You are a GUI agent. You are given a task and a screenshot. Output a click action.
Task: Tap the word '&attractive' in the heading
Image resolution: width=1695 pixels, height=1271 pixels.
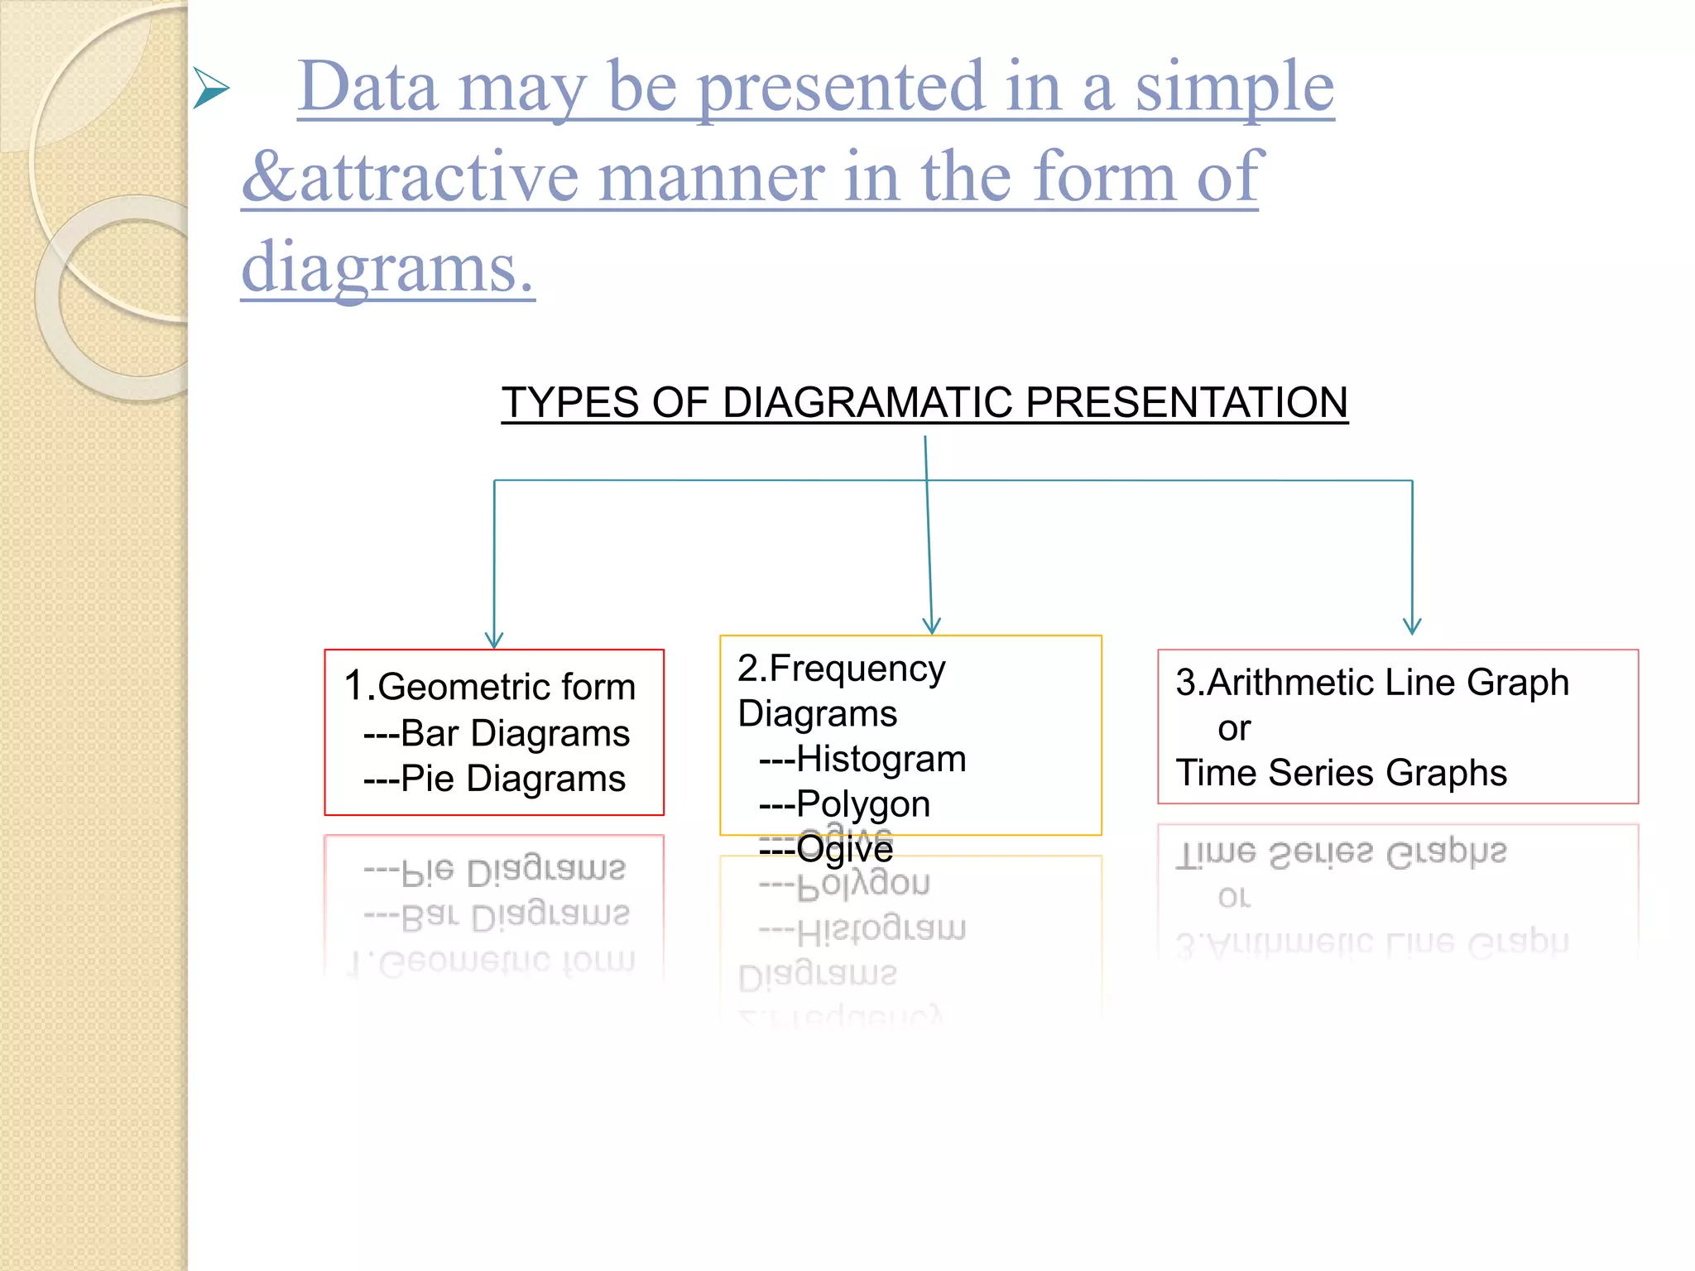(410, 177)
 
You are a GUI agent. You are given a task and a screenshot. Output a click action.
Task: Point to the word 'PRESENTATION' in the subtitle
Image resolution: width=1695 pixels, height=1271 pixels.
(1186, 403)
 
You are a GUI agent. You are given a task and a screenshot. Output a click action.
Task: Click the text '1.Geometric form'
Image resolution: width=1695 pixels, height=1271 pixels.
(490, 687)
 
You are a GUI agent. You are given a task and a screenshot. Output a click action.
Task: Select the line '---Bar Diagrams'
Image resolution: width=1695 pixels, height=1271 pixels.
(496, 733)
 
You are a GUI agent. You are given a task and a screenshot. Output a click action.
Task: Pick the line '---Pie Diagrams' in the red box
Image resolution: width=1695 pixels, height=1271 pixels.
(494, 779)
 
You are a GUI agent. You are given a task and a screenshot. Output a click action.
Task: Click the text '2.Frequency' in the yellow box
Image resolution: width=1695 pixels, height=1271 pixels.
(841, 669)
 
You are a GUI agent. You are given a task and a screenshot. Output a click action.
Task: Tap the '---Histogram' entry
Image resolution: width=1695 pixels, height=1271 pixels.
(862, 759)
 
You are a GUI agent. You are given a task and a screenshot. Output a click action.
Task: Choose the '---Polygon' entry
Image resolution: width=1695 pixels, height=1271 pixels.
(844, 804)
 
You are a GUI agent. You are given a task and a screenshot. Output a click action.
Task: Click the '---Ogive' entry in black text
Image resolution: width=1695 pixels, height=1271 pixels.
(826, 850)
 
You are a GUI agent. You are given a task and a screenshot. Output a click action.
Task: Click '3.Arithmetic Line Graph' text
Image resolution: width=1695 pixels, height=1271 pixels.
(1371, 683)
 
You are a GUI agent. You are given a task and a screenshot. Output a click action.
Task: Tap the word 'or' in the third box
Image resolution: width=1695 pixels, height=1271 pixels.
(1233, 729)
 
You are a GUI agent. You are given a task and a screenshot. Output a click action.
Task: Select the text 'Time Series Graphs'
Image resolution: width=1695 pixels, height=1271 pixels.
(1341, 773)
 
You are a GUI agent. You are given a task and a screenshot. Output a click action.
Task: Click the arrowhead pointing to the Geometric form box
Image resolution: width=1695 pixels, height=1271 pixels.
(494, 640)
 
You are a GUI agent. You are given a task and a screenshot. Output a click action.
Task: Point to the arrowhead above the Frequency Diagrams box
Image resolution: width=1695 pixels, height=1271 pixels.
(932, 626)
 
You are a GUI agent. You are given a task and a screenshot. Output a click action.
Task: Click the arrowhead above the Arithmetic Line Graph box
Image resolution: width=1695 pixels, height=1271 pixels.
(1412, 626)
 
